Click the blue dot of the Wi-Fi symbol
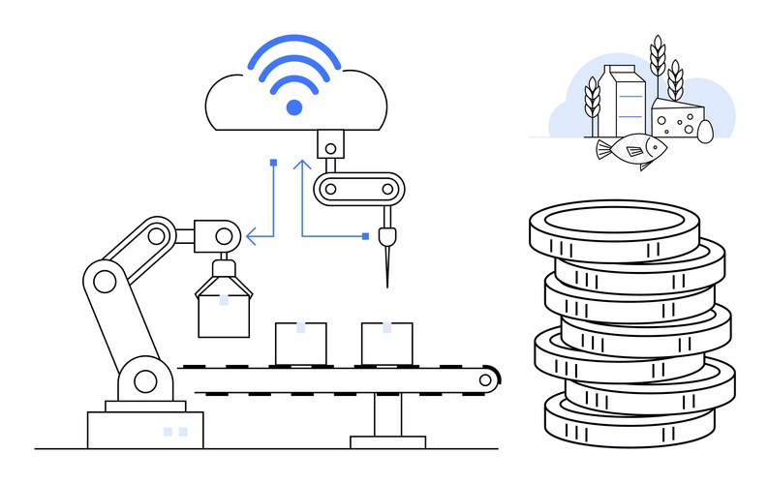294,107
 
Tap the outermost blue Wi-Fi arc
294,45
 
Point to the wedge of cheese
676,119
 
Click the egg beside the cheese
704,130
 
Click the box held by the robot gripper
224,312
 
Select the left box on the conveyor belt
301,342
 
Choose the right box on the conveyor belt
386,342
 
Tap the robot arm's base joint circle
145,381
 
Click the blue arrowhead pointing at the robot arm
251,234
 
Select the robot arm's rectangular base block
145,429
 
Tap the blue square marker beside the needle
365,235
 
